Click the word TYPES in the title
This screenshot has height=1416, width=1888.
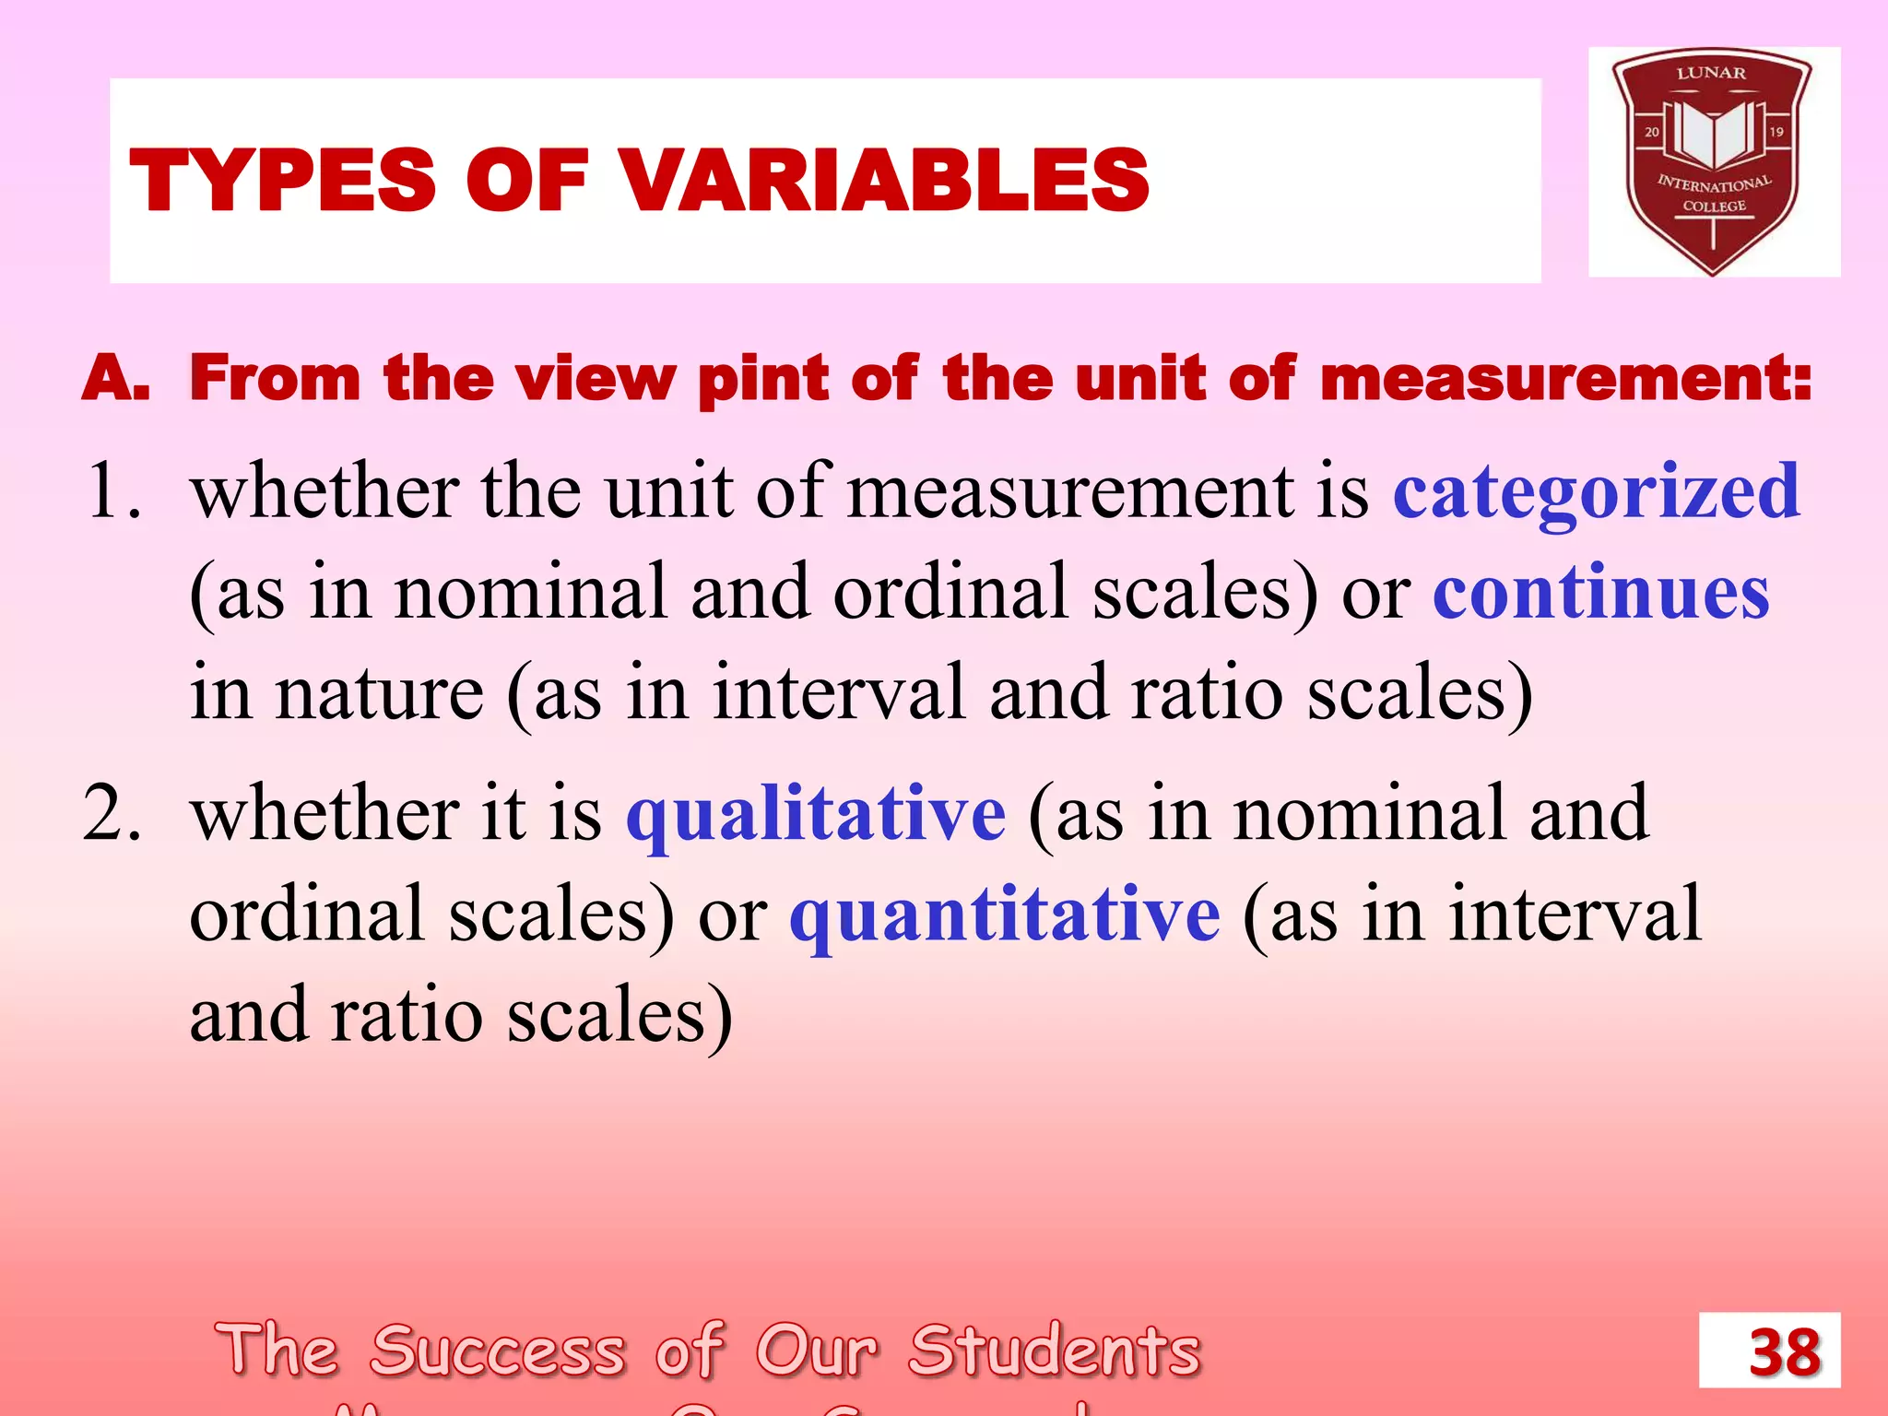pyautogui.click(x=282, y=180)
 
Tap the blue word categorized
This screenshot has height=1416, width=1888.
pyautogui.click(x=1596, y=491)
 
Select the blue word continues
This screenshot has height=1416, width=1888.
pyautogui.click(x=1601, y=592)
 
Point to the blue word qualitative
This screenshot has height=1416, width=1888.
pyautogui.click(x=816, y=814)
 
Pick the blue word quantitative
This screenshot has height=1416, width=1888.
pyautogui.click(x=1005, y=914)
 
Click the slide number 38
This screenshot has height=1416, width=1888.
pyautogui.click(x=1785, y=1352)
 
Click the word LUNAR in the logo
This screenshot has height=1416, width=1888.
pyautogui.click(x=1711, y=73)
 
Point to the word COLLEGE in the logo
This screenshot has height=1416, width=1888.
pyautogui.click(x=1714, y=206)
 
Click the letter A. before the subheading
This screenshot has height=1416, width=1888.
pyautogui.click(x=115, y=379)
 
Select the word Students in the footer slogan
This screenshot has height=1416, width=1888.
pyautogui.click(x=1055, y=1351)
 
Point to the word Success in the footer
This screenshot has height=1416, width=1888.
pyautogui.click(x=498, y=1351)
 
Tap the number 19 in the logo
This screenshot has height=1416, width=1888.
pyautogui.click(x=1776, y=132)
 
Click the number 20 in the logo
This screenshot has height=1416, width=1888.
pyautogui.click(x=1651, y=132)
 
